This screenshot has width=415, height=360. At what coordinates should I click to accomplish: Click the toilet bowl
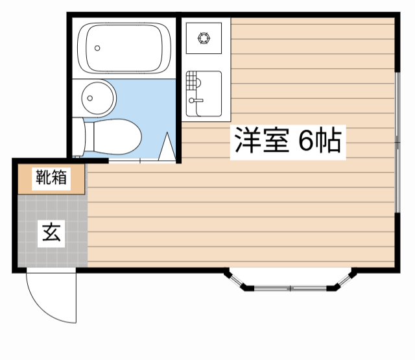tap(117, 137)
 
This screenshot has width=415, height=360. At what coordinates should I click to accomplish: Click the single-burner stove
tap(204, 38)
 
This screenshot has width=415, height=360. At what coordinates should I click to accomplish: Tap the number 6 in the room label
tap(305, 141)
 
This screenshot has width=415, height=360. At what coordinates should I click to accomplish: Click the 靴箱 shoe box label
tap(51, 178)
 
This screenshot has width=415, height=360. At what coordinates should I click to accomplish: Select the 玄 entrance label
tap(52, 232)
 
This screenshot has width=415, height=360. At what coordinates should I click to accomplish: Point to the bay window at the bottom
tap(290, 283)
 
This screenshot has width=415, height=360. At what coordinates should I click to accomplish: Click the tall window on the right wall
tap(397, 140)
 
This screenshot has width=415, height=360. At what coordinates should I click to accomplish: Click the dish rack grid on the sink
tap(191, 81)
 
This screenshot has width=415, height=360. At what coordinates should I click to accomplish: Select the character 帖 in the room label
tap(329, 141)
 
